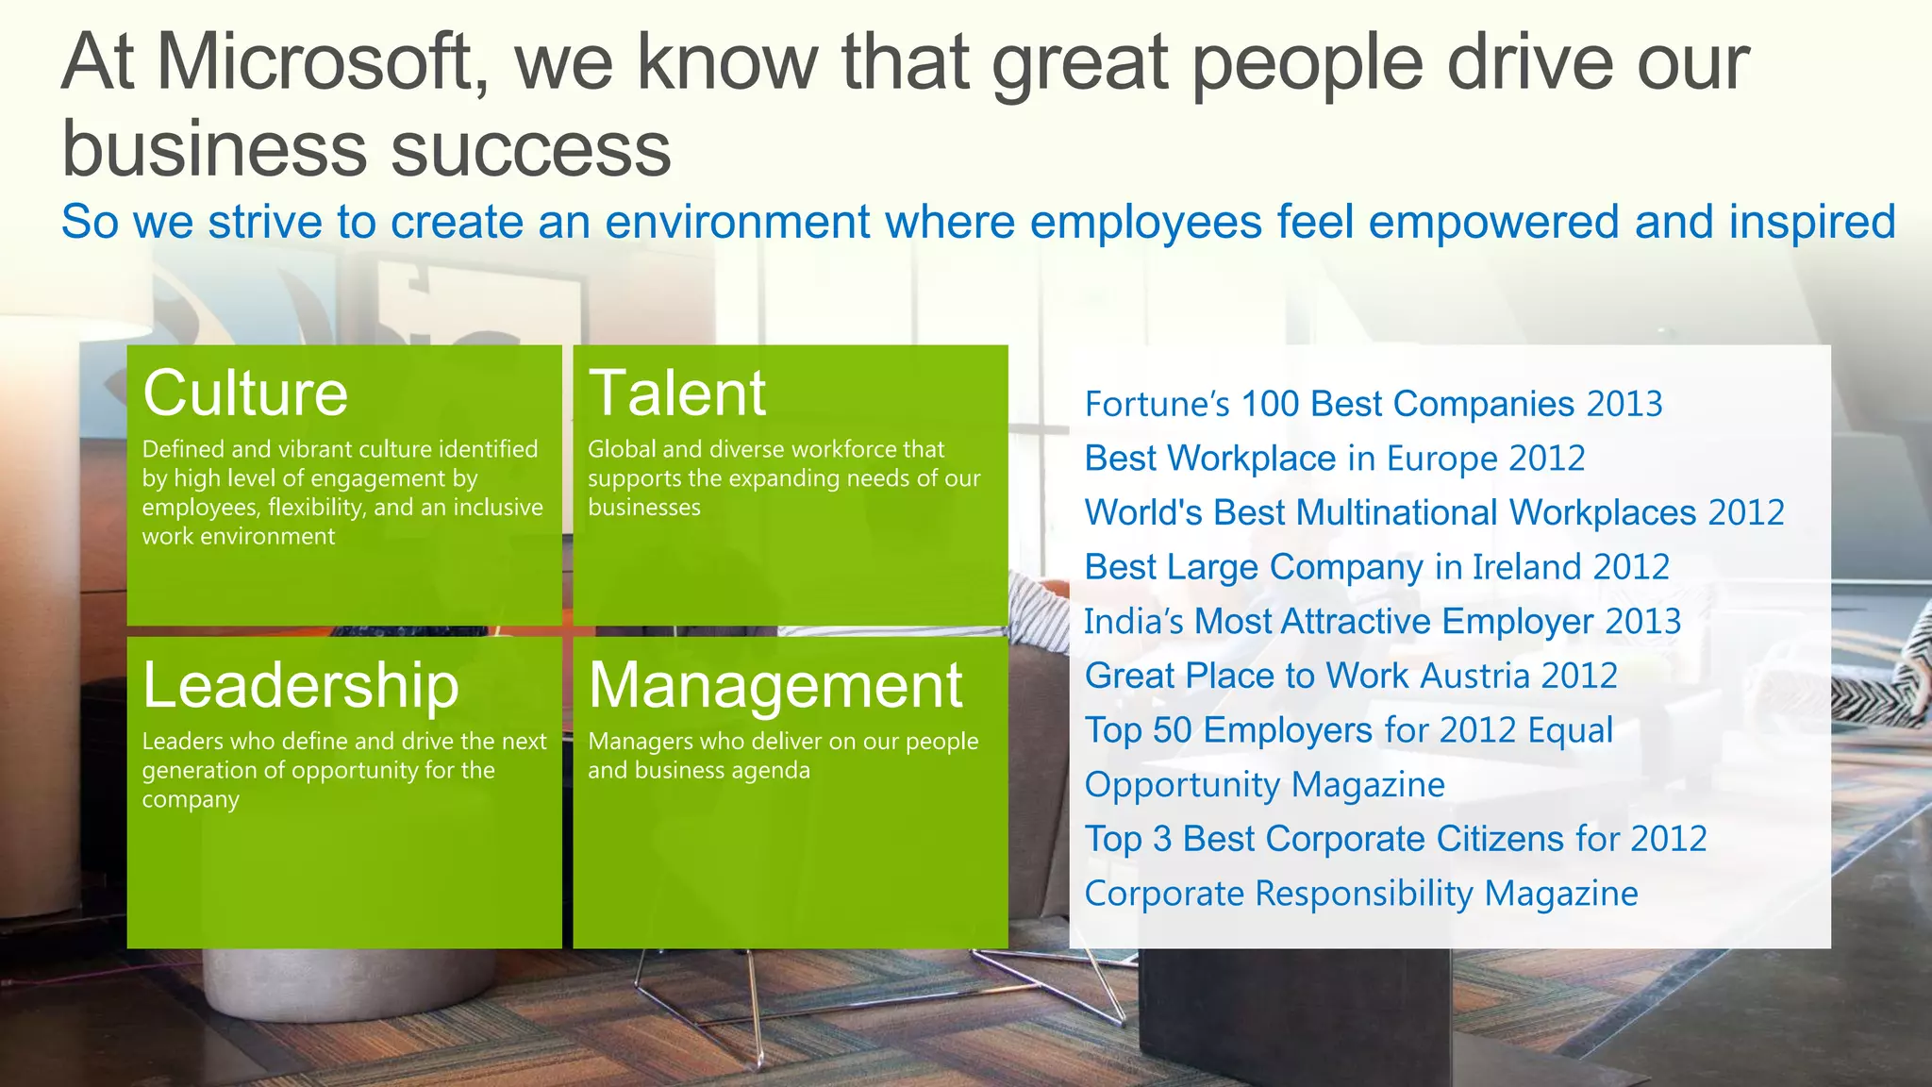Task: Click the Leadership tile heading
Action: coord(300,685)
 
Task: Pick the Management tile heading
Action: coord(774,685)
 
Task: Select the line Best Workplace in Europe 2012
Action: coord(1334,459)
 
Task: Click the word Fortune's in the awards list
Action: coord(1157,404)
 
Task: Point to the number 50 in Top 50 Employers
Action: coord(1173,730)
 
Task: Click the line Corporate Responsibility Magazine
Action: coord(1360,894)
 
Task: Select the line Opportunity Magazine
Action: coord(1264,785)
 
